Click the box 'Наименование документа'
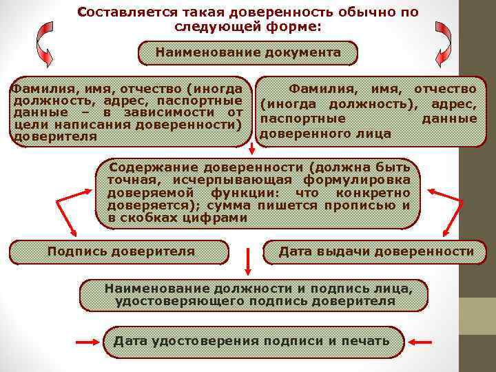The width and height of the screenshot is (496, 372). coord(248,52)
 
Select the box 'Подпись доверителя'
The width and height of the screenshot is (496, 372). coord(121,252)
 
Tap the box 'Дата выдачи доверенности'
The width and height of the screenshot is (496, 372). coord(376,252)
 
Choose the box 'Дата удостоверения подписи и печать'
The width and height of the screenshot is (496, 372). coord(251,341)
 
